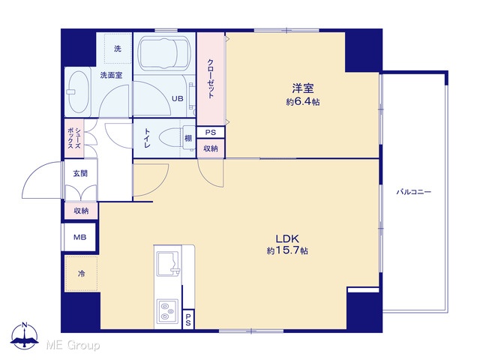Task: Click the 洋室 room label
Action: coord(303,88)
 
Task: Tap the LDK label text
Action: coord(287,238)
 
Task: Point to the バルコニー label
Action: coord(414,192)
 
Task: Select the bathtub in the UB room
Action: coord(164,52)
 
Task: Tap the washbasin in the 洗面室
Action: coord(78,92)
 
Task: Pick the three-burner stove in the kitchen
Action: coord(167,310)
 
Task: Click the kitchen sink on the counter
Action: coord(168,263)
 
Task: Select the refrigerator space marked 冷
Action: coord(81,273)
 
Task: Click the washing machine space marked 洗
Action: coord(118,48)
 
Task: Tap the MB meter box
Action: coord(79,237)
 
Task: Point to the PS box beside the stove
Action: coord(188,319)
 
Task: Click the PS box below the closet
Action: coord(211,132)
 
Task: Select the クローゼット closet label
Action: coord(211,79)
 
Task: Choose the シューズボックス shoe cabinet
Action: coord(74,138)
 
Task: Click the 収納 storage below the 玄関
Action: coord(81,211)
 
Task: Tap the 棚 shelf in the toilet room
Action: coord(188,138)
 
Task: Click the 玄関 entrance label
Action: coord(80,173)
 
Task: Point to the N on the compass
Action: coord(25,325)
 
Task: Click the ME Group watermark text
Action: coord(73,345)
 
